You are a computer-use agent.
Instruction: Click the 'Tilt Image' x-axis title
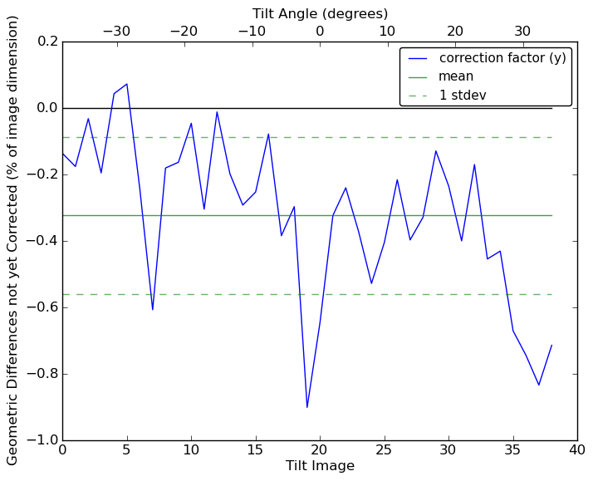pyautogui.click(x=320, y=466)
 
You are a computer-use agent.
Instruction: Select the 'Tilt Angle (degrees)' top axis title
pyautogui.click(x=320, y=13)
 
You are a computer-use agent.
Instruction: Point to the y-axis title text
pyautogui.click(x=13, y=240)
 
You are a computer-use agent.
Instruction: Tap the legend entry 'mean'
pyautogui.click(x=456, y=76)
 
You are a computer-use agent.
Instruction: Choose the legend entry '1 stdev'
pyautogui.click(x=463, y=96)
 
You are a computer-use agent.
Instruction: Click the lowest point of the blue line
pyautogui.click(x=307, y=407)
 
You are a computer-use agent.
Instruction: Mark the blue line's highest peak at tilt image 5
pyautogui.click(x=127, y=84)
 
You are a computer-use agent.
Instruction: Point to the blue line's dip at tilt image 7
pyautogui.click(x=153, y=310)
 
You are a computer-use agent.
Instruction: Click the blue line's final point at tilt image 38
pyautogui.click(x=551, y=345)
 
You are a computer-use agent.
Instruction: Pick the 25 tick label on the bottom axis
pyautogui.click(x=385, y=449)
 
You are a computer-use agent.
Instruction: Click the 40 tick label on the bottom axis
pyautogui.click(x=577, y=449)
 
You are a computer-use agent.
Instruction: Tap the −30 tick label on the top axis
pyautogui.click(x=116, y=31)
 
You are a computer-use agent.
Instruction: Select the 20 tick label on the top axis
pyautogui.click(x=455, y=31)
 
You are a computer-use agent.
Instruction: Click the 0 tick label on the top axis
pyautogui.click(x=320, y=31)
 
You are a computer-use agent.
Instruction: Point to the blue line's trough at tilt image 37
pyautogui.click(x=539, y=385)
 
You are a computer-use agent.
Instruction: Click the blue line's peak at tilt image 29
pyautogui.click(x=436, y=150)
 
